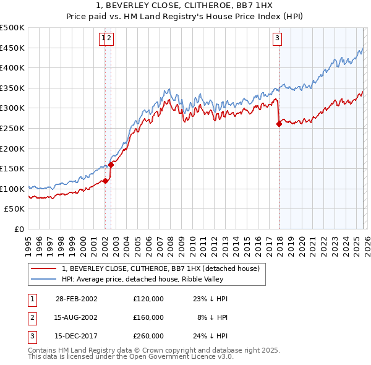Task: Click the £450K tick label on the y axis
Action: click(x=12, y=48)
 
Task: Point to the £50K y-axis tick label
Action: click(x=15, y=209)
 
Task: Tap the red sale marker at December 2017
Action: click(x=279, y=124)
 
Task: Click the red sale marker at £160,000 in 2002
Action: click(x=111, y=165)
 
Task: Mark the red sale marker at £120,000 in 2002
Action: click(x=106, y=181)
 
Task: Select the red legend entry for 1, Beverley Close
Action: click(x=148, y=268)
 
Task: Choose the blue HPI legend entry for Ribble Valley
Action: click(x=148, y=279)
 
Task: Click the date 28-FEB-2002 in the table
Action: click(x=77, y=299)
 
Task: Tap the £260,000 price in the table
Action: click(x=148, y=336)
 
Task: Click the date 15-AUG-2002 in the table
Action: click(x=77, y=317)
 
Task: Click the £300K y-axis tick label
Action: click(x=12, y=108)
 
